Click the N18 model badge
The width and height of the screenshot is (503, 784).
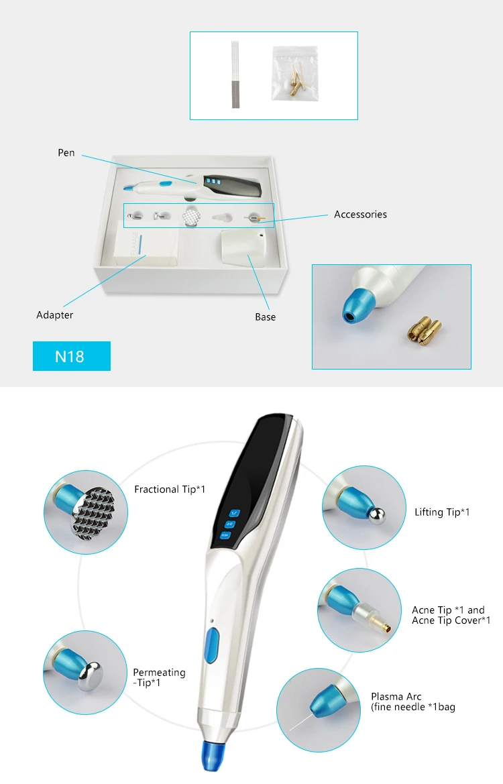click(71, 356)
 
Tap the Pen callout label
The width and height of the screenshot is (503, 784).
click(66, 153)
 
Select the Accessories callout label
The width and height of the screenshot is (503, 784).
click(360, 215)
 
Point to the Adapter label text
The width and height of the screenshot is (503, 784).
click(55, 315)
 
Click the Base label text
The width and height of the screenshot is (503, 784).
click(265, 317)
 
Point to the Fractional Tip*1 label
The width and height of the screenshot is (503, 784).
click(170, 490)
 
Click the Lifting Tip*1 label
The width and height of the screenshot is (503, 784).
click(442, 512)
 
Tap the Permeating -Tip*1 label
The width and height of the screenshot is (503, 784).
click(159, 677)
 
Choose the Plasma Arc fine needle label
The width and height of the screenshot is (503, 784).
click(413, 702)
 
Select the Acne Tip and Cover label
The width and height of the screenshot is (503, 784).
click(451, 615)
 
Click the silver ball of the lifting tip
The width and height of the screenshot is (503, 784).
click(380, 512)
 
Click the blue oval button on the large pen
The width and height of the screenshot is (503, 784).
click(213, 644)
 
